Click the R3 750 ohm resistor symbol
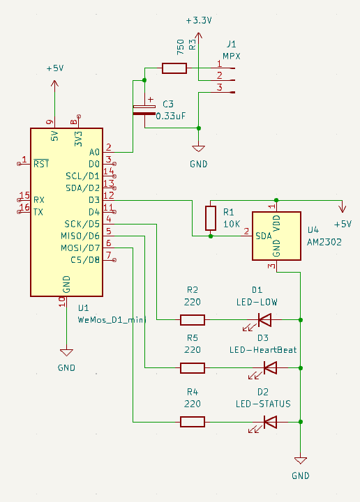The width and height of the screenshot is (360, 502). click(174, 68)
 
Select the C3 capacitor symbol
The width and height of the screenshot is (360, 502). click(144, 110)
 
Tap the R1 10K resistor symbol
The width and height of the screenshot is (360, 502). click(211, 218)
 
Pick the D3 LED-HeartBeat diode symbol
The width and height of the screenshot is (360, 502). click(270, 368)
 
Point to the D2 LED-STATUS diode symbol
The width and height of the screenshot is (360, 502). click(270, 422)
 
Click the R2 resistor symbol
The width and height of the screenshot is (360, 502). click(193, 320)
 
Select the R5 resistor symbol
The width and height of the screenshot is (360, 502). click(193, 368)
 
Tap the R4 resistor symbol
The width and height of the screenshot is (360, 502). click(193, 422)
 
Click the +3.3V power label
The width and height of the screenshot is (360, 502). click(199, 21)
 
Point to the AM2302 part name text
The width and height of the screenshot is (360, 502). click(324, 242)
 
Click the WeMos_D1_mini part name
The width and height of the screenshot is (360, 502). click(112, 320)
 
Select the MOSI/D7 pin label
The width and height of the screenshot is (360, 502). click(80, 248)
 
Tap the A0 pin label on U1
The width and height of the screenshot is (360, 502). click(94, 152)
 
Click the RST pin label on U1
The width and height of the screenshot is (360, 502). click(41, 164)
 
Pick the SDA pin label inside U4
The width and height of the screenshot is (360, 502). click(264, 236)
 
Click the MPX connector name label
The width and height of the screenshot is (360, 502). click(232, 56)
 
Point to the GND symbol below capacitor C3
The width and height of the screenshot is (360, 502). click(199, 149)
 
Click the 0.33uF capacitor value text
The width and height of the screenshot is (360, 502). click(171, 116)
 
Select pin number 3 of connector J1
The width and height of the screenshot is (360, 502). click(219, 87)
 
